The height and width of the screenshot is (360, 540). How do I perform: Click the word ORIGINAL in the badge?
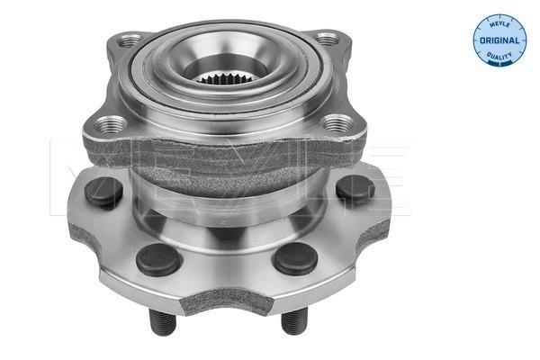click(499, 40)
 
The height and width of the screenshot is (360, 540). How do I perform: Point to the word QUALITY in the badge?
click(499, 55)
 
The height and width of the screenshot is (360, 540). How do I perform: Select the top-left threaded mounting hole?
click(129, 40)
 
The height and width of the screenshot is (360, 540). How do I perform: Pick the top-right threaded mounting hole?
click(328, 39)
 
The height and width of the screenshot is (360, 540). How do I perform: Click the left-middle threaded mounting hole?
click(110, 124)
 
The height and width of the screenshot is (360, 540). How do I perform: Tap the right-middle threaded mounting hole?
click(338, 122)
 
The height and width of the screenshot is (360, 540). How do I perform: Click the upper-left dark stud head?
click(103, 192)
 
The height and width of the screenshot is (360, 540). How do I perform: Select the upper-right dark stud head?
click(355, 190)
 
